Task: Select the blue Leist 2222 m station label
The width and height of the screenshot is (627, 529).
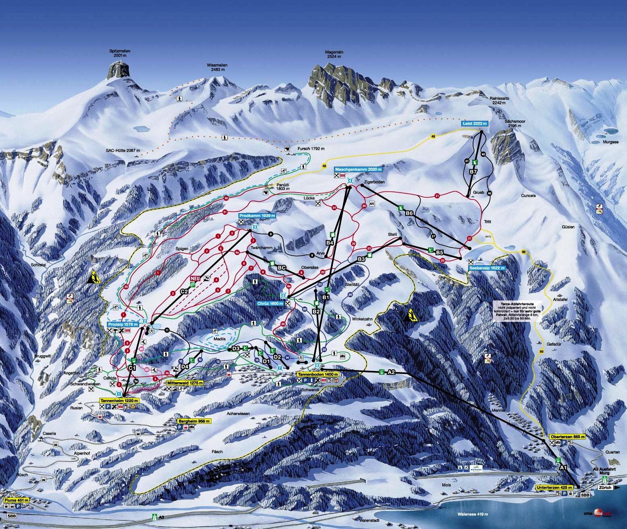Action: (474, 124)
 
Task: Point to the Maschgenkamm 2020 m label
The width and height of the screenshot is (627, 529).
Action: (357, 169)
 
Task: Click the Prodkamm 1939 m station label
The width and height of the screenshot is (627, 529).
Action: (257, 216)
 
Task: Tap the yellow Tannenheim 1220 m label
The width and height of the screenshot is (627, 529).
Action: (119, 401)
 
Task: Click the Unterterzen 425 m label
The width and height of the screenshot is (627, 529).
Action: (553, 487)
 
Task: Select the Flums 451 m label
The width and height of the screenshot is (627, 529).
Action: (14, 500)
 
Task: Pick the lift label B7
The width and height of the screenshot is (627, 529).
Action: (473, 172)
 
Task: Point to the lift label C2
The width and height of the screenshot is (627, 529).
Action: (184, 292)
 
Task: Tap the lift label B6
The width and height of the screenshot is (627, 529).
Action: (409, 214)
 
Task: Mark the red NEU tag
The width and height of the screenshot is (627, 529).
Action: (195, 278)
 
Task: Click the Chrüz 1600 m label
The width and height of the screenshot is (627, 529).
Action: (268, 303)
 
